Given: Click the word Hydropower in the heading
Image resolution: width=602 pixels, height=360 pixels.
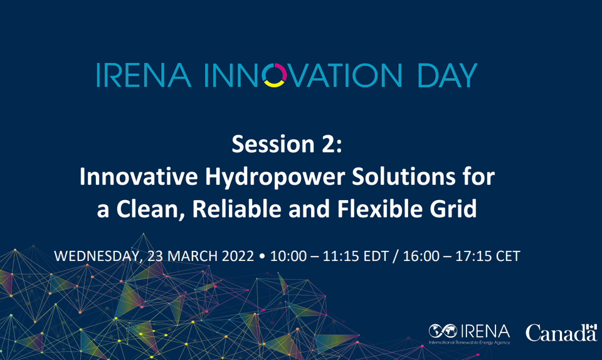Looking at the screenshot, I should pyautogui.click(x=255, y=177).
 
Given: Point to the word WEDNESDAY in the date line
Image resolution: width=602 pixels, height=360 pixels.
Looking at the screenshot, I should pyautogui.click(x=96, y=257).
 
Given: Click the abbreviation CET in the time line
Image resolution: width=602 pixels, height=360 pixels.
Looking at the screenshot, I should pyautogui.click(x=507, y=257).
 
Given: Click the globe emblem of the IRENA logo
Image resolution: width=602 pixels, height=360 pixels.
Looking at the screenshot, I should pyautogui.click(x=440, y=331).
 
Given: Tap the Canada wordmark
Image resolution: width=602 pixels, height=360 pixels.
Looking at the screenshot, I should pyautogui.click(x=561, y=332).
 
